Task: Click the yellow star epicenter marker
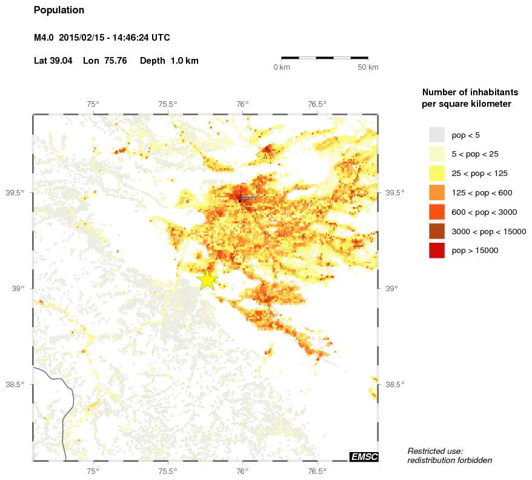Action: pyautogui.click(x=207, y=280)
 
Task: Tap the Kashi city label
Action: pyautogui.click(x=248, y=198)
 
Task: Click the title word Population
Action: pyautogui.click(x=59, y=10)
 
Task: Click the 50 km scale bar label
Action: pyautogui.click(x=368, y=67)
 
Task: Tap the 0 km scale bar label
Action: pyautogui.click(x=282, y=67)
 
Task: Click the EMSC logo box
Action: pyautogui.click(x=364, y=456)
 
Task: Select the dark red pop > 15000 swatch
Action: pyautogui.click(x=436, y=250)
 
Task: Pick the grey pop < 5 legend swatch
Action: pyautogui.click(x=436, y=135)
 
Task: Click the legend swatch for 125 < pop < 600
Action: pyautogui.click(x=436, y=192)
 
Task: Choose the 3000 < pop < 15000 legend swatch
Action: pyautogui.click(x=436, y=231)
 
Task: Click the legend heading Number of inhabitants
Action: pyautogui.click(x=470, y=92)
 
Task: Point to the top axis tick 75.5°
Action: pyautogui.click(x=167, y=104)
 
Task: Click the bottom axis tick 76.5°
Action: pyautogui.click(x=317, y=471)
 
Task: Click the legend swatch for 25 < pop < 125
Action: pyautogui.click(x=436, y=173)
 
